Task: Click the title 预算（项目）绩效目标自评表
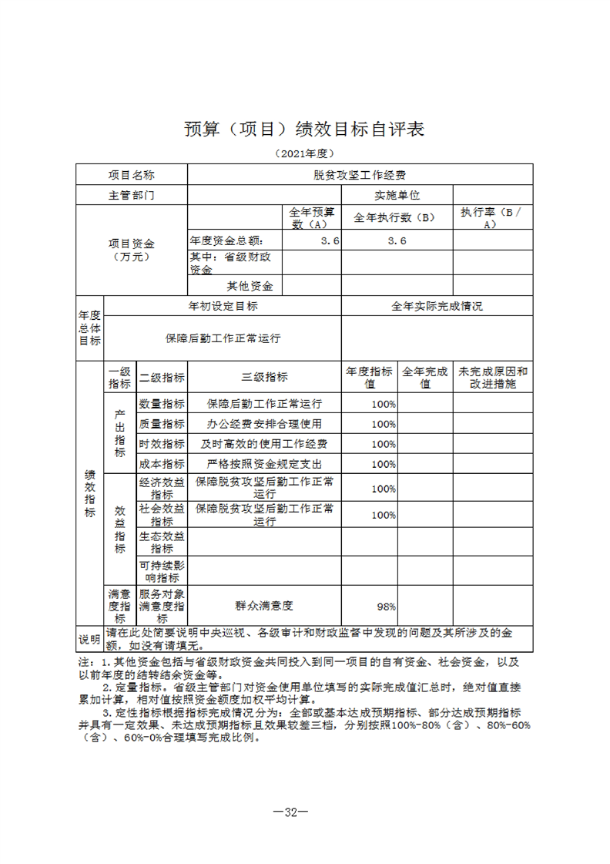304,129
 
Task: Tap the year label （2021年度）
304,153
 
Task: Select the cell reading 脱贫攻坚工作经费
360,175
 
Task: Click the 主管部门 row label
131,195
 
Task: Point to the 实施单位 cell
397,195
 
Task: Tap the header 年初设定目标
223,306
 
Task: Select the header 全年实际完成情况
437,306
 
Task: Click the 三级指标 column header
264,377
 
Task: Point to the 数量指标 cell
162,403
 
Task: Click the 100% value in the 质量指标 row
384,424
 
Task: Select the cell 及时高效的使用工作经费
264,444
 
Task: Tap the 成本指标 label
162,464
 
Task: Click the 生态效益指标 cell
162,543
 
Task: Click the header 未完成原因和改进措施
493,377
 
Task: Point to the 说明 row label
89,639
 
